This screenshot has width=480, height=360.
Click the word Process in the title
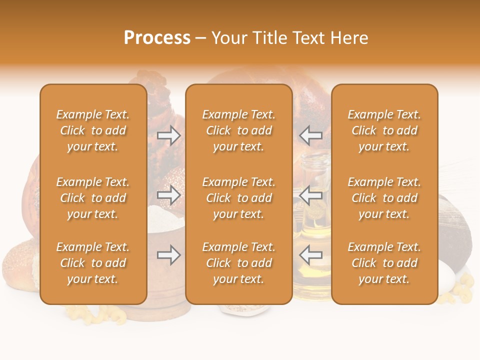(157, 38)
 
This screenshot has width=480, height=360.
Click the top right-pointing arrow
(169, 135)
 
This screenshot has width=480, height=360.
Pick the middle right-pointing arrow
(169, 195)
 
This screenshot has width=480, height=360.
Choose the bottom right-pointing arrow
(169, 255)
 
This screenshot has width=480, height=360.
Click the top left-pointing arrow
(311, 135)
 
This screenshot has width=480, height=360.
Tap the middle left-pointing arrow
(311, 195)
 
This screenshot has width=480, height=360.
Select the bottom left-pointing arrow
(311, 255)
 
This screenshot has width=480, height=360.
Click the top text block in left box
(93, 130)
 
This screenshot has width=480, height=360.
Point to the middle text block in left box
(93, 198)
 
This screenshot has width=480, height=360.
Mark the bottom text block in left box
(93, 263)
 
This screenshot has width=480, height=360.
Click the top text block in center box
(239, 130)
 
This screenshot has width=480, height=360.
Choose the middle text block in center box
(239, 198)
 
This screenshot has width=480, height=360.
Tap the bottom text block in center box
(239, 263)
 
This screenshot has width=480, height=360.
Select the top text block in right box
(384, 130)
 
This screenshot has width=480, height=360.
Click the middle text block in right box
(384, 198)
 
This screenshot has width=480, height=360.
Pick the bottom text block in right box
(384, 263)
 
